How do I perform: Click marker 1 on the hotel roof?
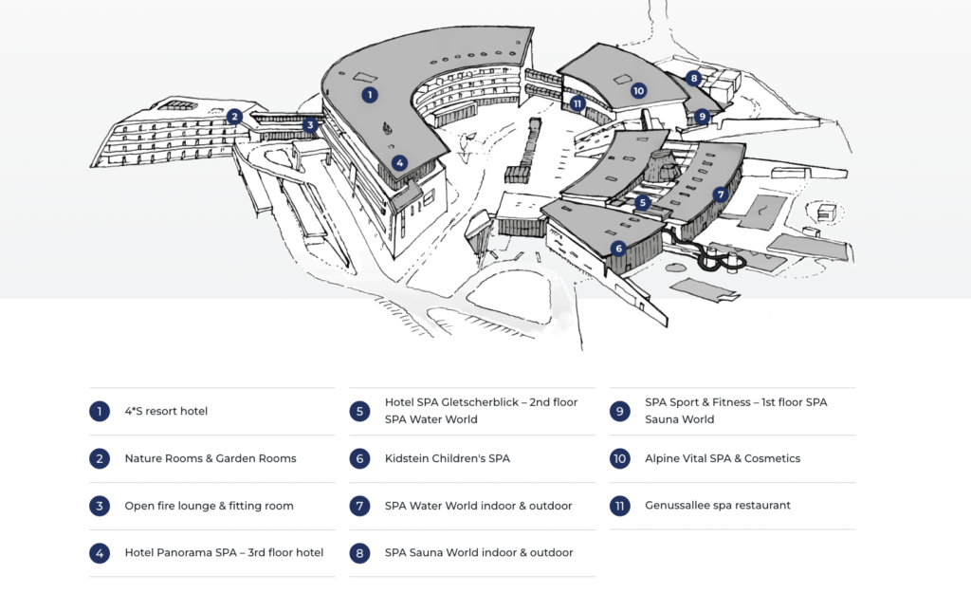[x=370, y=94]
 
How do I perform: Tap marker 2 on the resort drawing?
[x=234, y=117]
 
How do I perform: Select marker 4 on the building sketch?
[x=400, y=163]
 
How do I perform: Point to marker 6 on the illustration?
[x=618, y=249]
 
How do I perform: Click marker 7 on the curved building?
[x=721, y=195]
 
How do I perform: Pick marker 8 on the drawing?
[x=694, y=79]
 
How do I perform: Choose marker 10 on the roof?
[x=638, y=91]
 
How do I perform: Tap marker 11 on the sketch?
[x=577, y=103]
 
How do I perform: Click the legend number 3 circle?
[x=99, y=506]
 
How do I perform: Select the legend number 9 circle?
[x=620, y=411]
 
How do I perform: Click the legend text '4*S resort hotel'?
[x=166, y=411]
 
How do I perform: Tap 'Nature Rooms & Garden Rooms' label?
[x=211, y=458]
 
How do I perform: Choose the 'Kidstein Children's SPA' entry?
[x=448, y=458]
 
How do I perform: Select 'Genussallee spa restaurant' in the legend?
[x=718, y=506]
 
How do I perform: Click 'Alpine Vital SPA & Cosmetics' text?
[x=723, y=458]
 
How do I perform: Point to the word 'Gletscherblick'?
[x=489, y=402]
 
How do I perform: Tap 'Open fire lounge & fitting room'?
[x=210, y=506]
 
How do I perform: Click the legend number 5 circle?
[x=359, y=411]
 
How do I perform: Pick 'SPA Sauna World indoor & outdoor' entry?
[x=479, y=553]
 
